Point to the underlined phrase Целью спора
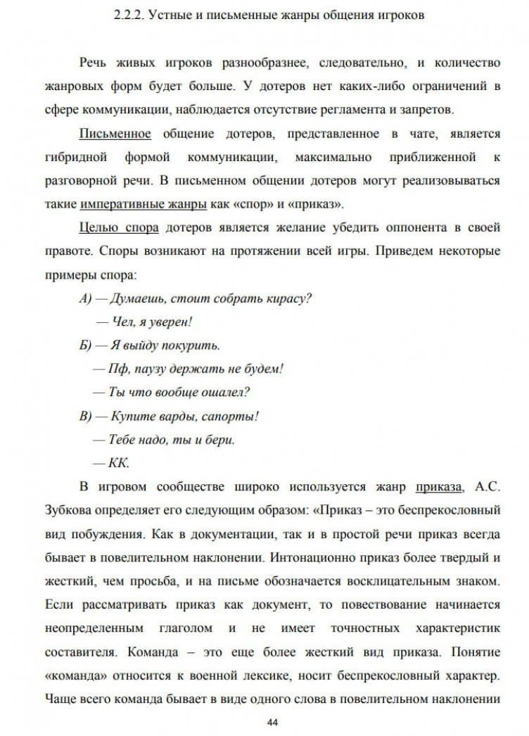coord(119,227)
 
